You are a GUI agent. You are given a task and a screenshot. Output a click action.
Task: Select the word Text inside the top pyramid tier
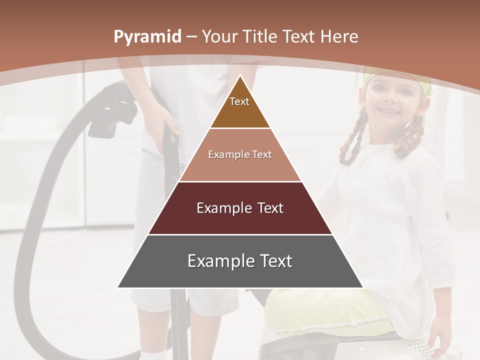(239, 101)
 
